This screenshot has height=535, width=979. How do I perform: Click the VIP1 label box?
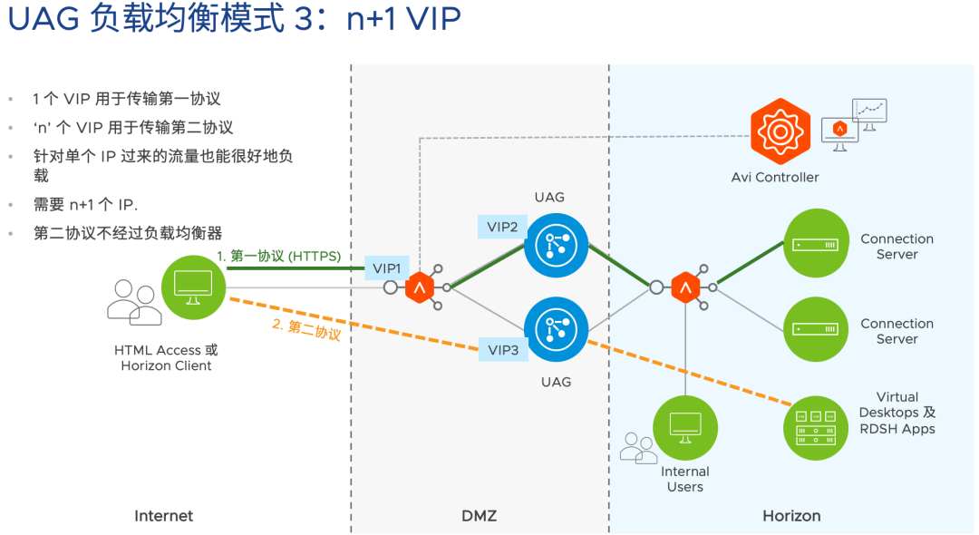coord(386,268)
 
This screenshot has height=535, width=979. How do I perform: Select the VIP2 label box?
coord(501,228)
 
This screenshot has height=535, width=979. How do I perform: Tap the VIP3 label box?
coord(503,350)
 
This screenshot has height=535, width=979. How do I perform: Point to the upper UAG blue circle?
coord(556,245)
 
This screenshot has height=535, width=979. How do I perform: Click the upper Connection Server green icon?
coord(815,244)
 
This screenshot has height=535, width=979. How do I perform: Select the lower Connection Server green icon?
coord(815,329)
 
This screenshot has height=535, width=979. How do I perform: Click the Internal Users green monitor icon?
coord(684,425)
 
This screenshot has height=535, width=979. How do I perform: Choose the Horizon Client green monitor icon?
coord(193,287)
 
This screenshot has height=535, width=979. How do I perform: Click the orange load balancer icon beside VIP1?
coord(419,287)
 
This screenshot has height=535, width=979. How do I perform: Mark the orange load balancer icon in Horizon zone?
coord(685,287)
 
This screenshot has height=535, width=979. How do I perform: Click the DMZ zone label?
coord(479,516)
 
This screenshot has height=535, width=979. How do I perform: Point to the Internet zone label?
coord(164,516)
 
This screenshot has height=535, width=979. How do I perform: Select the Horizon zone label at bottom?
coord(791,516)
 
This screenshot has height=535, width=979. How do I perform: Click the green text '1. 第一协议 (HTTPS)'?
coord(278,257)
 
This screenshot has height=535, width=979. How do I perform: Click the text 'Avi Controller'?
coord(775,178)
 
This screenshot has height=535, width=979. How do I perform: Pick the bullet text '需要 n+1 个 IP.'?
coord(85,205)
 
